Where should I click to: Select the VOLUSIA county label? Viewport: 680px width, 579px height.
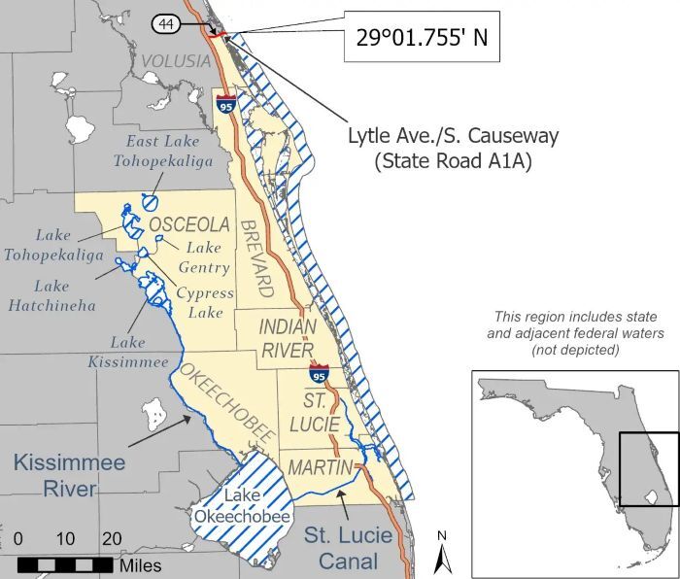tap(176, 61)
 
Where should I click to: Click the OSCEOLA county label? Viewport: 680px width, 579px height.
tap(189, 224)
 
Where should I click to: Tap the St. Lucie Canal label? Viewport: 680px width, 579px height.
tap(348, 545)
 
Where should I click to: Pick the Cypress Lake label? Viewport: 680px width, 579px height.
tap(206, 302)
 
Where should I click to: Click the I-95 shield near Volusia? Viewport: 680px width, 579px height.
tap(226, 103)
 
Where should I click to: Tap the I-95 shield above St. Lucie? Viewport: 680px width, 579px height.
tap(320, 373)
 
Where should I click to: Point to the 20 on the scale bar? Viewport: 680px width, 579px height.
tap(112, 539)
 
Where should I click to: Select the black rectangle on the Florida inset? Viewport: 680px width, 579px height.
tap(649, 468)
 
